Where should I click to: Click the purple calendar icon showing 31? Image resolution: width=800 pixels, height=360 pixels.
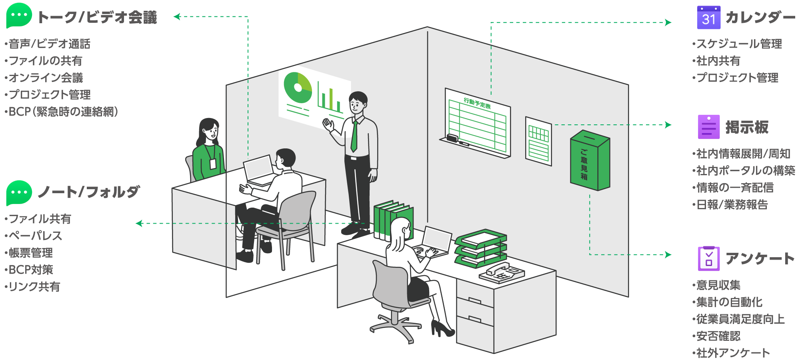coord(708,17)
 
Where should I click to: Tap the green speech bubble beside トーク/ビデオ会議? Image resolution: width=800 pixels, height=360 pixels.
coord(19,16)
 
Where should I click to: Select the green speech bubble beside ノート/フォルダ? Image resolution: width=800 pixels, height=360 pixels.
coord(19,193)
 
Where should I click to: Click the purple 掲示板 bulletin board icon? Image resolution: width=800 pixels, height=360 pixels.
coord(708,127)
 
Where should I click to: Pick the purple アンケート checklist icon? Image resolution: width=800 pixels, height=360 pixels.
coord(708,258)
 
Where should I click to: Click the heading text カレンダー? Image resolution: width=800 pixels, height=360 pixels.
coord(760,18)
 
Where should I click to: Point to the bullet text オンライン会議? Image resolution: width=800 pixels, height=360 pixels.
coord(46,78)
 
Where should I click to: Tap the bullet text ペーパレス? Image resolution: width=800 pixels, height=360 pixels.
coord(36,236)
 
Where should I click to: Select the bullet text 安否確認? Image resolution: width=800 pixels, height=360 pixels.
coord(718,336)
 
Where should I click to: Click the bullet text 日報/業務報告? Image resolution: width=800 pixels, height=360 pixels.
coord(732,204)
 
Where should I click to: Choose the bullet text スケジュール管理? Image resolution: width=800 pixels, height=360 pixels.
coord(739,44)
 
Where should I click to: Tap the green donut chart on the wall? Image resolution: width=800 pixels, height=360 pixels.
coord(298,88)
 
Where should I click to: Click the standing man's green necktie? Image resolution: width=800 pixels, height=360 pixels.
coord(354,136)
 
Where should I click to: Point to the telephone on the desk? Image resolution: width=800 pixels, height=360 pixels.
coord(502,273)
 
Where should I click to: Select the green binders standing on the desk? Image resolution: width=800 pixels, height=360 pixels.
coord(393,220)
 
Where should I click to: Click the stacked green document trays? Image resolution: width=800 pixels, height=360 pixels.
coord(480,248)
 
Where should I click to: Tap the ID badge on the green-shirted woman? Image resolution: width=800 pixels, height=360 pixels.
coord(213,164)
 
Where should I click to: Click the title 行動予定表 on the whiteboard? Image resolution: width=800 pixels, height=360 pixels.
coord(477,103)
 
